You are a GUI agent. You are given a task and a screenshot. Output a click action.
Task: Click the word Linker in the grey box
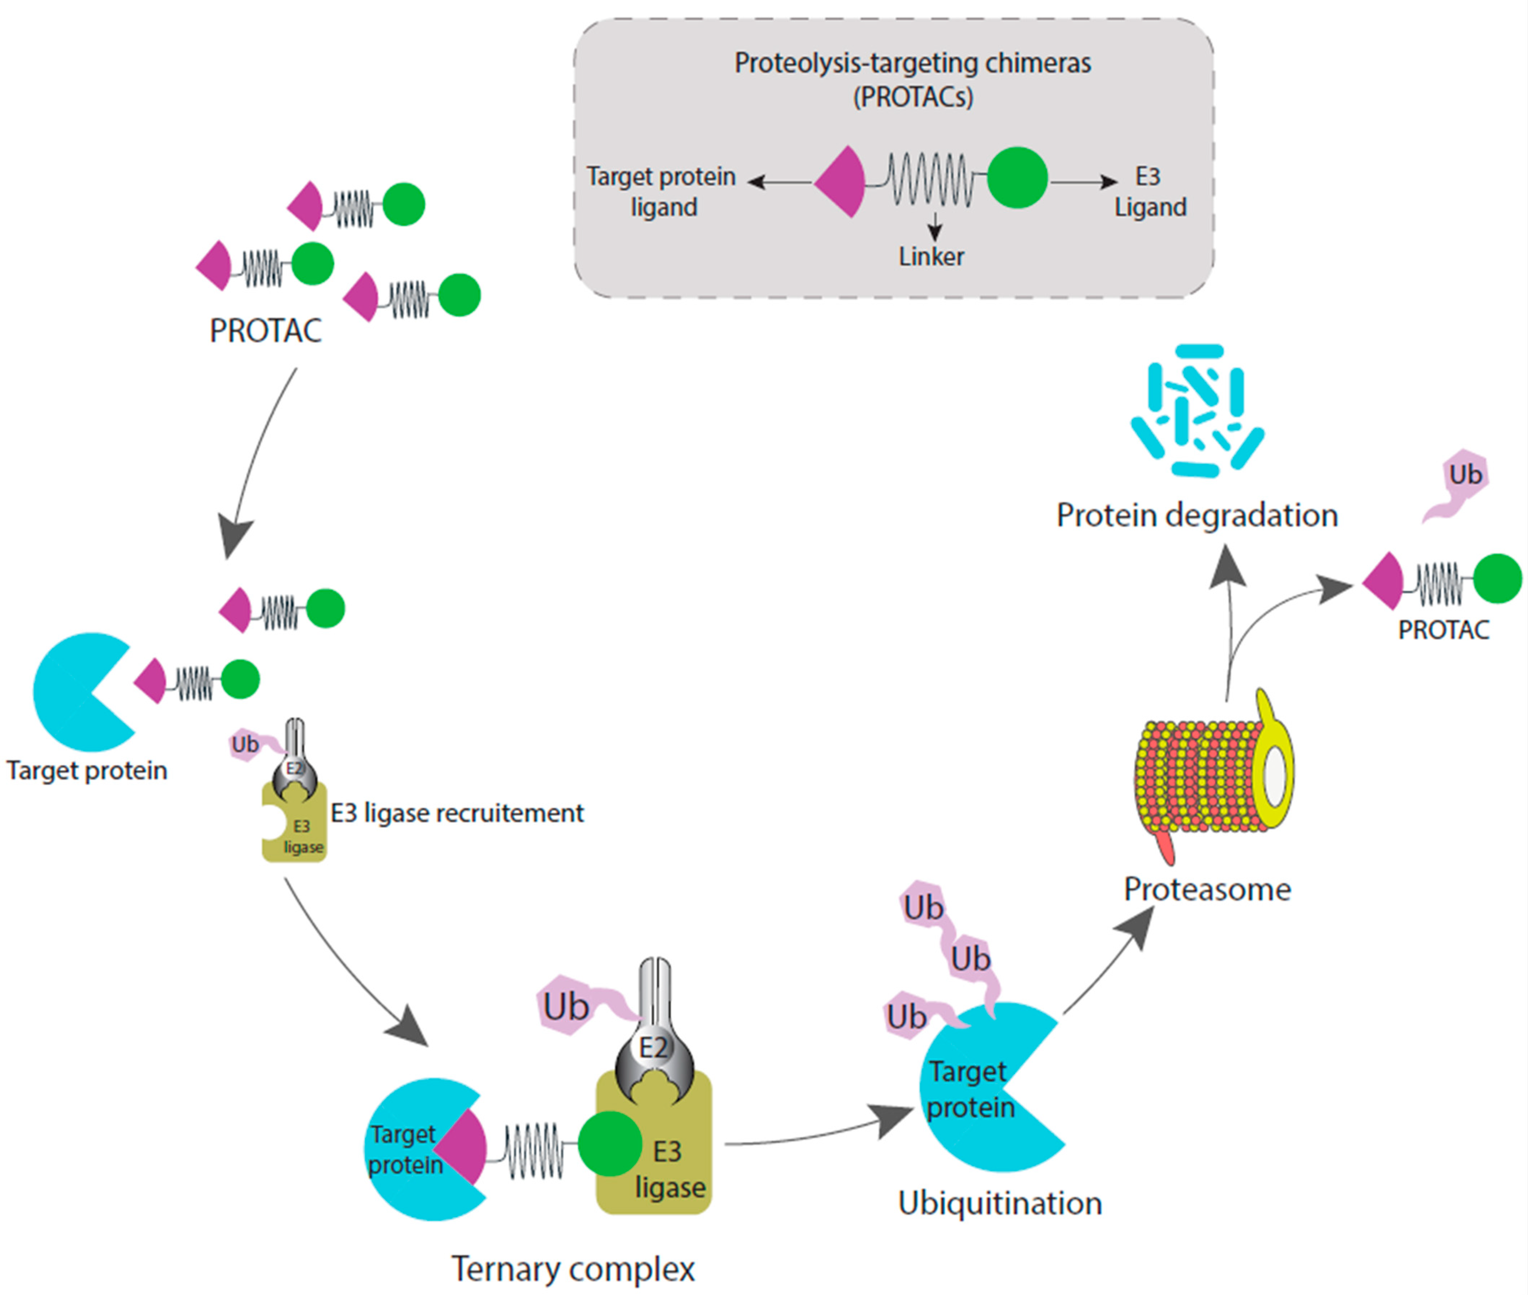click(x=930, y=257)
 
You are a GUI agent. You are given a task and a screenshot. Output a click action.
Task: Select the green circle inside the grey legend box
click(x=1017, y=178)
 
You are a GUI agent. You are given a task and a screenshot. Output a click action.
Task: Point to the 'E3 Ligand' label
click(x=1149, y=191)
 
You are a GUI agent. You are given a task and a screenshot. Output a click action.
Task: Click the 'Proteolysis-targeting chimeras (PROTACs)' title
click(x=912, y=79)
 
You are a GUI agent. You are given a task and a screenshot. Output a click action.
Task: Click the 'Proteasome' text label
click(x=1207, y=890)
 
